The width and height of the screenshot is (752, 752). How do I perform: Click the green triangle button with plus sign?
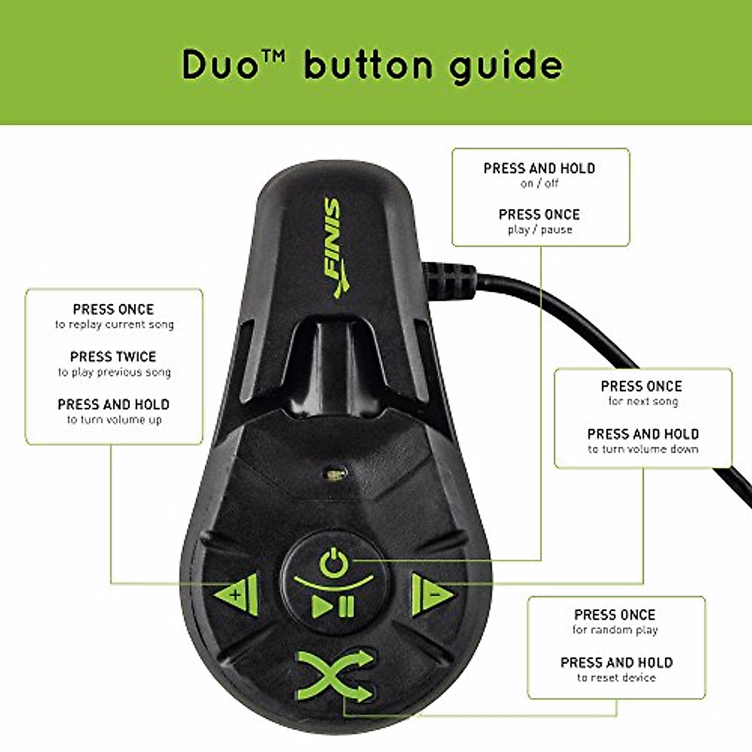[x=237, y=593]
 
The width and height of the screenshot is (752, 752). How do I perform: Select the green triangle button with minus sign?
[x=431, y=593]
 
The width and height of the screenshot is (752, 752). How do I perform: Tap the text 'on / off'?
[x=539, y=184]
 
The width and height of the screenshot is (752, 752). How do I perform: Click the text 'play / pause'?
[x=540, y=230]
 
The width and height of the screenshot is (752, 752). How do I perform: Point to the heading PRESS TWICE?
[x=113, y=357]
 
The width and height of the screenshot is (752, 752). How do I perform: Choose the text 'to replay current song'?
[x=114, y=325]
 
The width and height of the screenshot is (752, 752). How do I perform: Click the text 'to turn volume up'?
[x=114, y=420]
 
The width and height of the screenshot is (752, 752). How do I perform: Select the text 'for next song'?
[x=643, y=402]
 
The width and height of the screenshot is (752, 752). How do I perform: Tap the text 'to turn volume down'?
[x=643, y=449]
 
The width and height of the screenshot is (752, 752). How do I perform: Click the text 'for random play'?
[x=615, y=630]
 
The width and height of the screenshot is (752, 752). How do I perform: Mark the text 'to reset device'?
[x=616, y=678]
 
